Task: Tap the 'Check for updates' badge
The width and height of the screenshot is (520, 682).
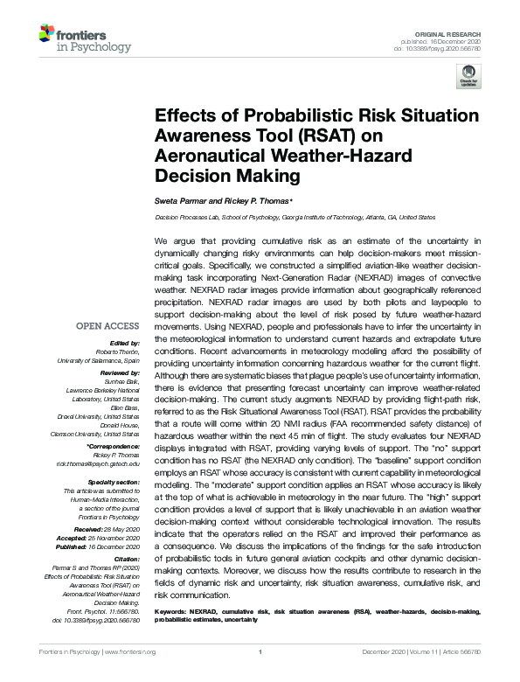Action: tap(469, 76)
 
